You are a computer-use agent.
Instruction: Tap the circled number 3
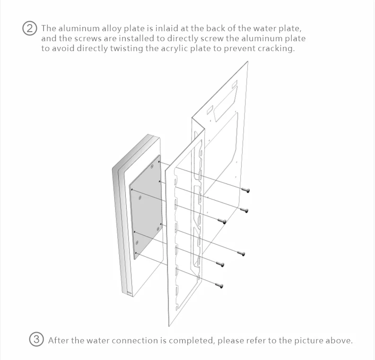(36, 340)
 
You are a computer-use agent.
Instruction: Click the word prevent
(240, 49)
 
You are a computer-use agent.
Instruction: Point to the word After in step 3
(59, 340)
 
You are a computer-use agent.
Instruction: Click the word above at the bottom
(340, 340)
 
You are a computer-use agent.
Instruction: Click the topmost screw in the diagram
(246, 190)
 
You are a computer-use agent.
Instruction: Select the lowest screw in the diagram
(218, 285)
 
